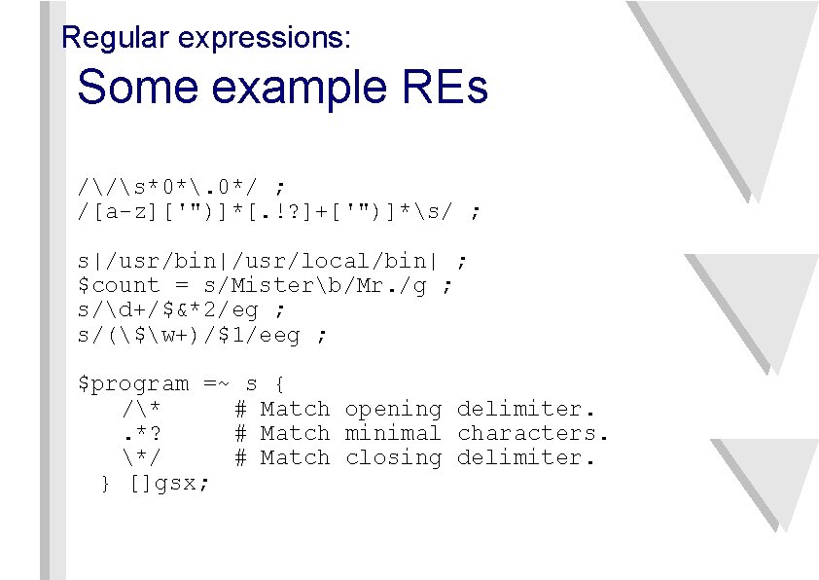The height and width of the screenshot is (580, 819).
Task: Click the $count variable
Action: coord(119,285)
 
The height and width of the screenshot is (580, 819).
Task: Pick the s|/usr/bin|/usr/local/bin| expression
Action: coord(259,261)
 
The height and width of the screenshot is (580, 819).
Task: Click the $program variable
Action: coord(133,384)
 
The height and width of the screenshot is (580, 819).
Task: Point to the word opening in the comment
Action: coord(392,410)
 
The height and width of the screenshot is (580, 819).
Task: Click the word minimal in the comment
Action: coord(392,433)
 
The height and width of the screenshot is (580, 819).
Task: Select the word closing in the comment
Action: coord(392,457)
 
